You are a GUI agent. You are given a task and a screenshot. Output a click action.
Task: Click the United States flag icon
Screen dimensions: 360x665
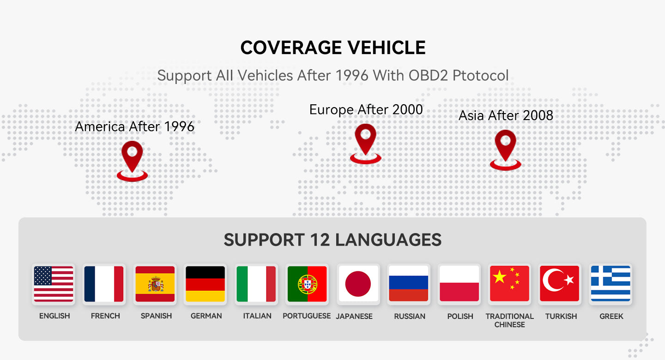(x=53, y=284)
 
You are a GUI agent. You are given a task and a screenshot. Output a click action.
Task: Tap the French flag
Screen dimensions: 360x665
(x=104, y=284)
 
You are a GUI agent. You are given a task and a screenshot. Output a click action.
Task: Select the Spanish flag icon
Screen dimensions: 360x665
(x=155, y=284)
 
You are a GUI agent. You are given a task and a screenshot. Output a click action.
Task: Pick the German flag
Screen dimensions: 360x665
(x=205, y=284)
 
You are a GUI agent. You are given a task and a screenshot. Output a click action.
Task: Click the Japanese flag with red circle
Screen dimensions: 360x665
(x=358, y=284)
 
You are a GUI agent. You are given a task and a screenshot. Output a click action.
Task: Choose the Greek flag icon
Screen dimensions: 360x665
(x=611, y=284)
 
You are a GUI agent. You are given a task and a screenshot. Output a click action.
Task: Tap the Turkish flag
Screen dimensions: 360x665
(x=559, y=284)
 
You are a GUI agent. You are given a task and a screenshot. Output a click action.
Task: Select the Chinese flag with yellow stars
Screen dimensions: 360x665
(x=509, y=284)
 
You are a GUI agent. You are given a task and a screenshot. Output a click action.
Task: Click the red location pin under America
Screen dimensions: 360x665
(x=133, y=159)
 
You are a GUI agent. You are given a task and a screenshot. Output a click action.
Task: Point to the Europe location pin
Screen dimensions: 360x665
(x=365, y=142)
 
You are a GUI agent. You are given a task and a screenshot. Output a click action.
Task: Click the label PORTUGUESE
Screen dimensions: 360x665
(x=307, y=316)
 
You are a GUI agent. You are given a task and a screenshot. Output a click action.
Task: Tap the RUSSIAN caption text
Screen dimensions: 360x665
(x=409, y=317)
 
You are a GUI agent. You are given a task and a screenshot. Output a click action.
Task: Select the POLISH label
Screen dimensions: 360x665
(x=460, y=317)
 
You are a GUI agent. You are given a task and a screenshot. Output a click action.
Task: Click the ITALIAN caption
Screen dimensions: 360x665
(x=257, y=316)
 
